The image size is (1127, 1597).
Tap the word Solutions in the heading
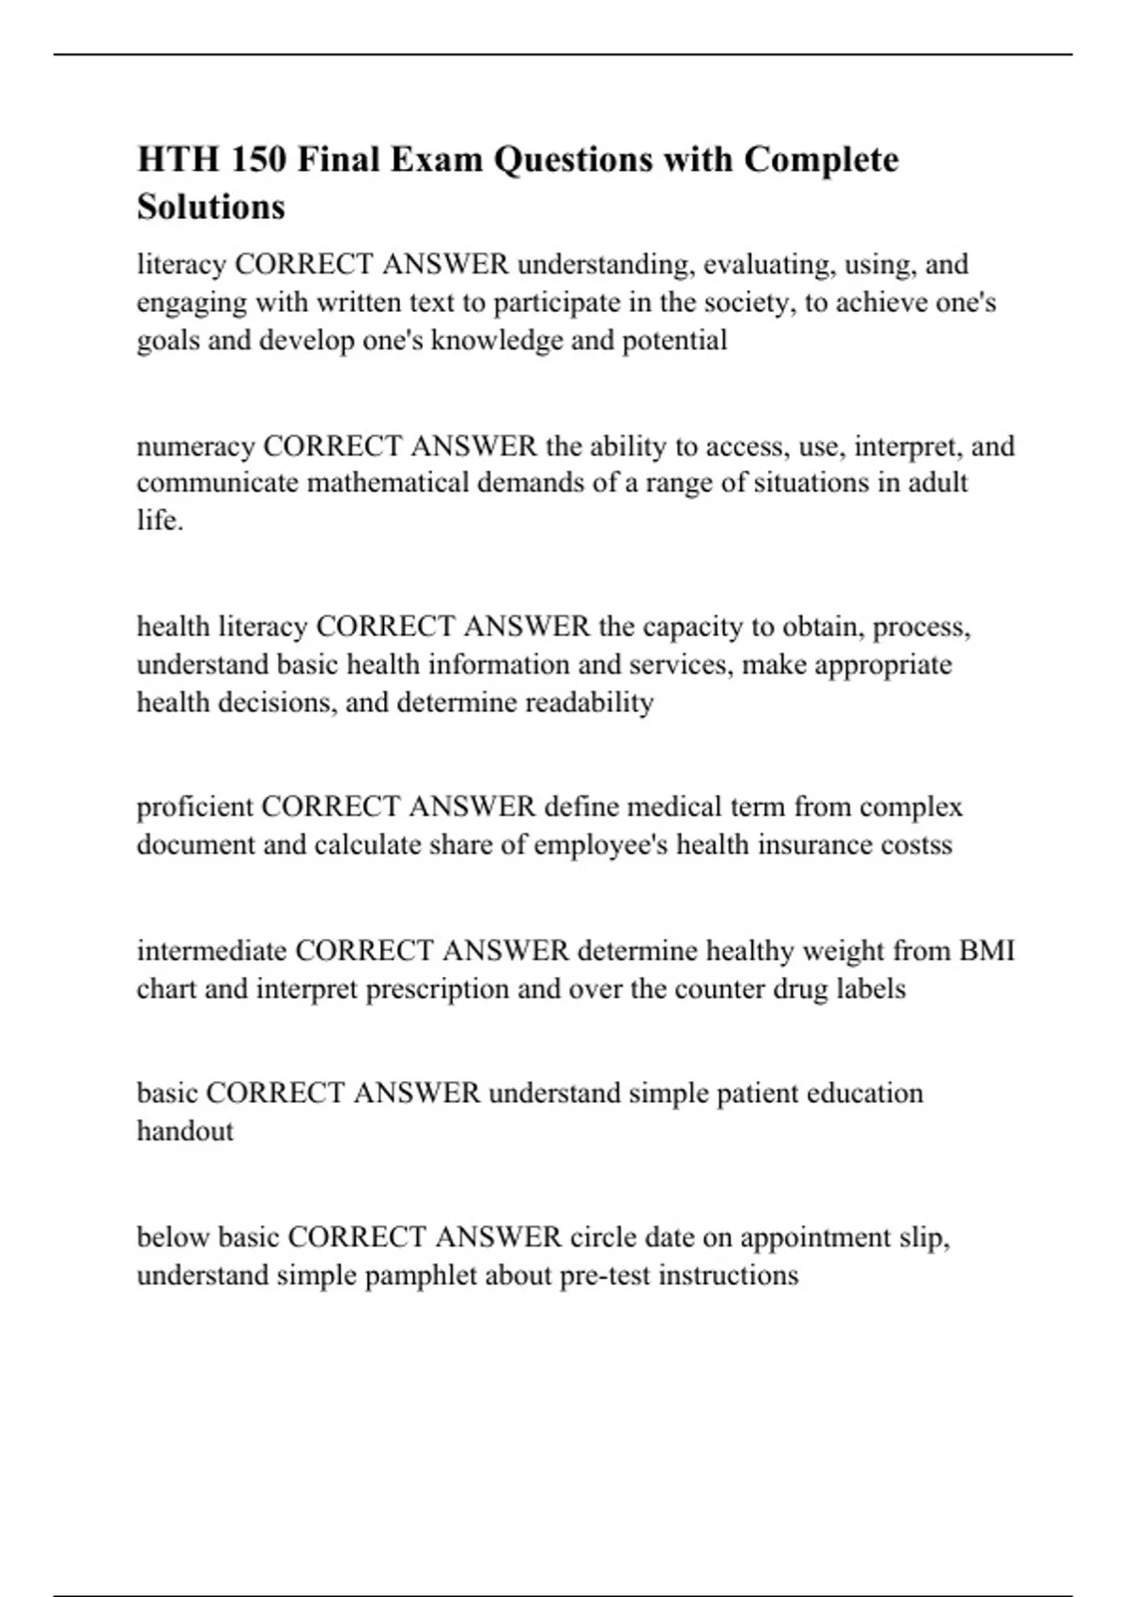coord(210,207)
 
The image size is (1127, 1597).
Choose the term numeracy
coord(195,445)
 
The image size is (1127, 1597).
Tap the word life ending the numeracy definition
coord(159,520)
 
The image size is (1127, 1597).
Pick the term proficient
coord(194,807)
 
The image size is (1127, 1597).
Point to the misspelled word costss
coord(916,845)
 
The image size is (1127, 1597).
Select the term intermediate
coord(212,951)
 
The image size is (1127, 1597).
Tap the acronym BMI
coord(986,951)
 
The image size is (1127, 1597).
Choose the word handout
coord(185,1131)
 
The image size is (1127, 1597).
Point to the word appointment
coord(815,1237)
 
